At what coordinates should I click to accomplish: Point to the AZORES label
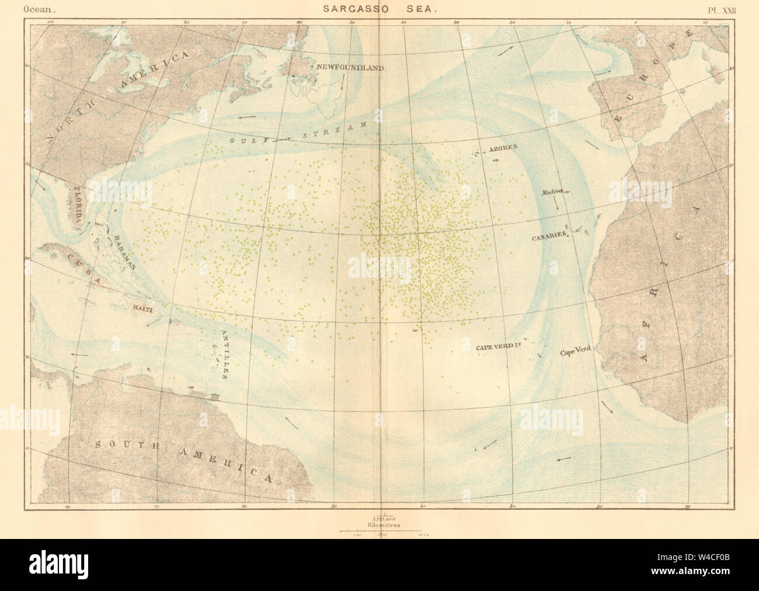click(504, 148)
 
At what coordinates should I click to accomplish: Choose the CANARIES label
click(549, 234)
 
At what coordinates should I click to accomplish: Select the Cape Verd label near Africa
click(576, 352)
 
